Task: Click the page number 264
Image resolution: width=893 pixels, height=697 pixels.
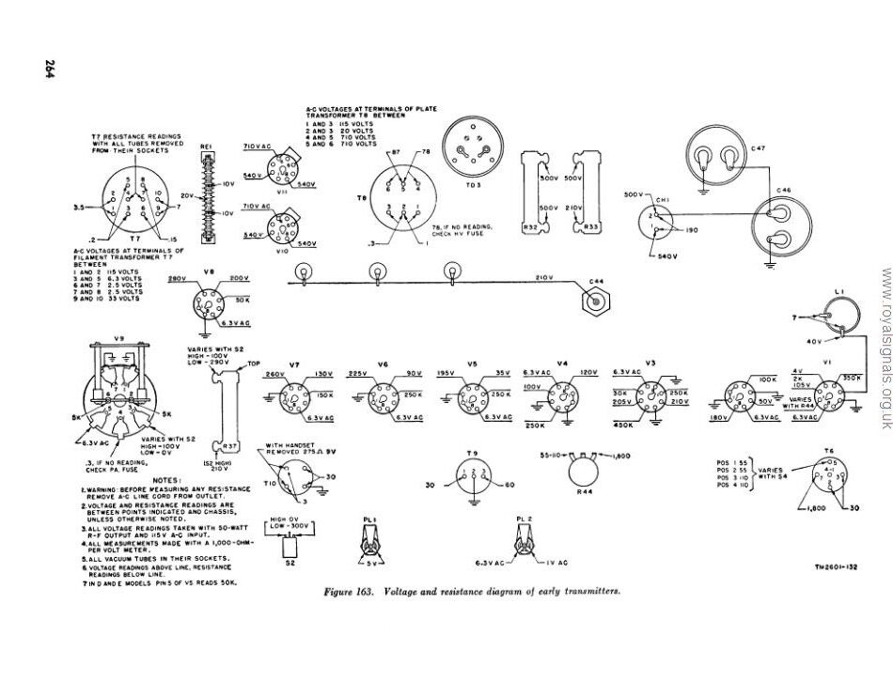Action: click(x=50, y=71)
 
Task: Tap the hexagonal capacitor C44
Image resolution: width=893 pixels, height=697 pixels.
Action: click(x=596, y=302)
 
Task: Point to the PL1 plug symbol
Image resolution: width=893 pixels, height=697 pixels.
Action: click(x=369, y=544)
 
